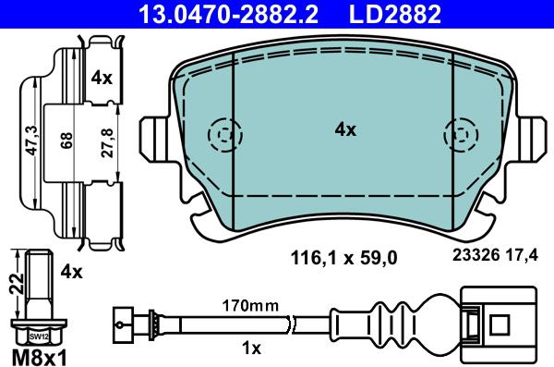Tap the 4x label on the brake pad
344,131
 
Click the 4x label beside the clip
102,79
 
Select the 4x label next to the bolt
70,272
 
